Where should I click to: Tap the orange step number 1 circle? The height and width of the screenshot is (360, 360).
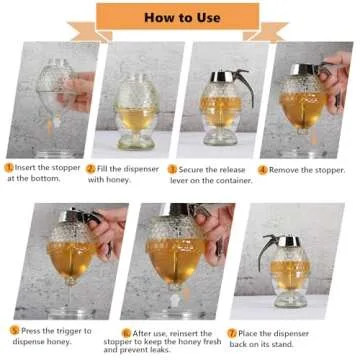[10, 169]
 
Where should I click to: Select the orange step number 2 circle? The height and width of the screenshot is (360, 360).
[91, 169]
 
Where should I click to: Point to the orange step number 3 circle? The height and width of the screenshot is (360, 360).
[172, 169]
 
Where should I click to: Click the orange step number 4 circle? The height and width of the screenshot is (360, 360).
[263, 169]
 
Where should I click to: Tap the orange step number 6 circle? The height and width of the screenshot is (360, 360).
[126, 332]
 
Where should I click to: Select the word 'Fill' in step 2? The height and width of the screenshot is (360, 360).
[104, 169]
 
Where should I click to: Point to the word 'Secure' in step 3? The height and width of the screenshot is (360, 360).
[192, 169]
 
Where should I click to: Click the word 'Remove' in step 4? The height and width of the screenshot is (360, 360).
[284, 169]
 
